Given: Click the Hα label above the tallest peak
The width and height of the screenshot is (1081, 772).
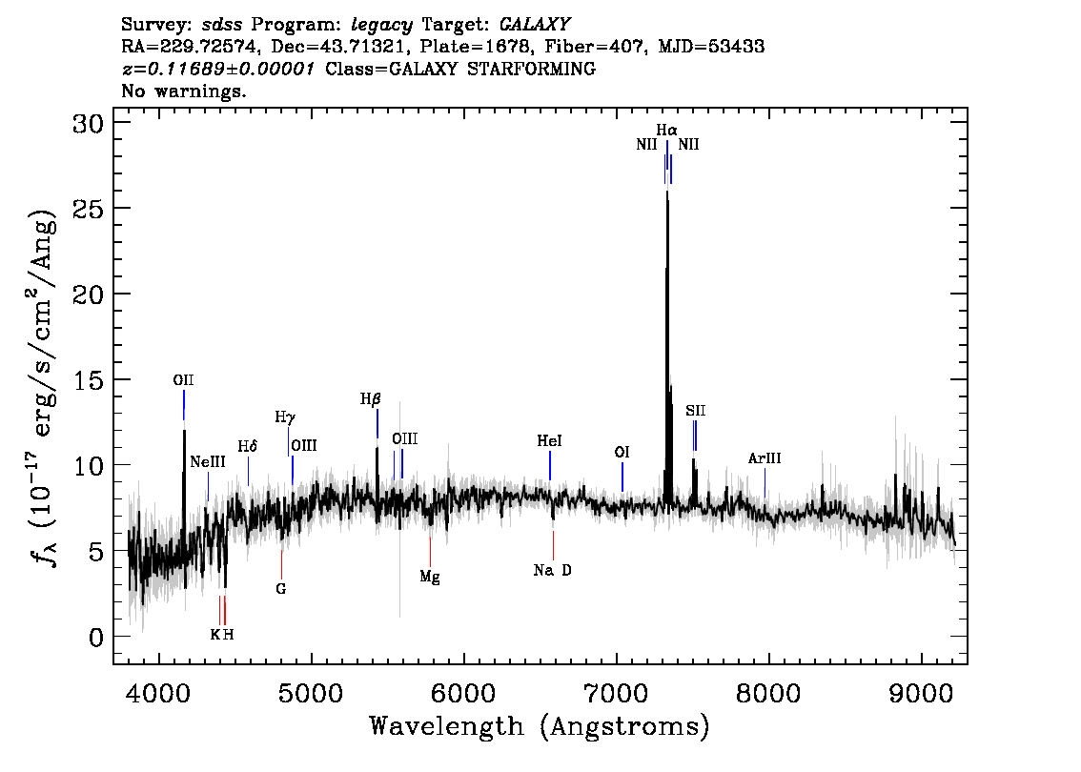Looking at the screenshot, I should click(666, 130).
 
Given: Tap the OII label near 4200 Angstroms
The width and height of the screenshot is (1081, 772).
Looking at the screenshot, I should click(184, 380).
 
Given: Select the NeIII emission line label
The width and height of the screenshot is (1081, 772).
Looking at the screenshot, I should click(208, 461).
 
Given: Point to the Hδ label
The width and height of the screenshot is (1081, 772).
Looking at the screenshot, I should click(248, 446).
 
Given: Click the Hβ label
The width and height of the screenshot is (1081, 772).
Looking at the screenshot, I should click(370, 399).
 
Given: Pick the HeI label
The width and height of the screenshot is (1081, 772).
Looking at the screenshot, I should click(550, 441).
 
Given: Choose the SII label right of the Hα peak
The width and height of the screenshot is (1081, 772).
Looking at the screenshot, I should click(695, 411).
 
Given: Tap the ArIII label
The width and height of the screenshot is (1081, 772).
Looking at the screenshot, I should click(765, 458).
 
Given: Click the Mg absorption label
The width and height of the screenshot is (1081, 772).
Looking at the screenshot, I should click(430, 577).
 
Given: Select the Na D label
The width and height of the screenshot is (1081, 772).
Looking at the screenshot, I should click(553, 571).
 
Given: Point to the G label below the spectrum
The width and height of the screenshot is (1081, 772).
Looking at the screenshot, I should click(281, 589).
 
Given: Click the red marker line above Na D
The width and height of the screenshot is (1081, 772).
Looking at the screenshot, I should click(553, 544).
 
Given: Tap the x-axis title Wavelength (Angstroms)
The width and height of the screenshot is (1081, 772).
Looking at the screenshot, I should click(540, 727).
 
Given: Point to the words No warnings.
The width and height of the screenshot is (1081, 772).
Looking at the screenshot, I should click(184, 91).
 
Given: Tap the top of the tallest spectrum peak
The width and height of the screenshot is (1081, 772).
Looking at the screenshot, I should click(666, 190).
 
